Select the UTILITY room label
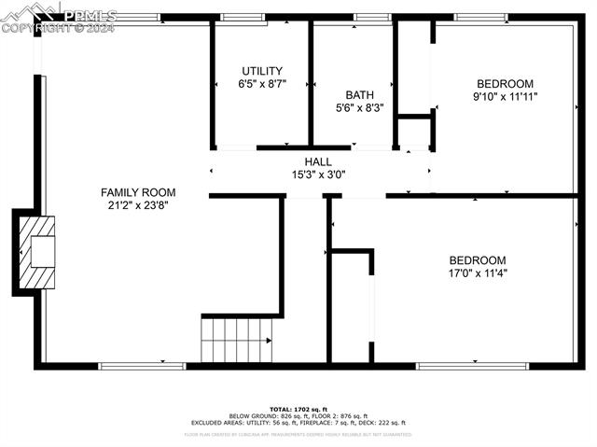tap(262, 71)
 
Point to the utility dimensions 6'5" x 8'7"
tap(262, 84)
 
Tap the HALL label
tap(318, 161)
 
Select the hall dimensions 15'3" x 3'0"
tap(318, 175)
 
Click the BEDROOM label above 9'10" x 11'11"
tap(506, 83)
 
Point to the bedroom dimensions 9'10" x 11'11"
tap(506, 96)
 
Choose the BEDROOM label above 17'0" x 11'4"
tap(478, 260)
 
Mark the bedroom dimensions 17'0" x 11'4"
tap(478, 273)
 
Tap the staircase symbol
tap(237, 340)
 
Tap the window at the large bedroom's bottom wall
tap(458, 366)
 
